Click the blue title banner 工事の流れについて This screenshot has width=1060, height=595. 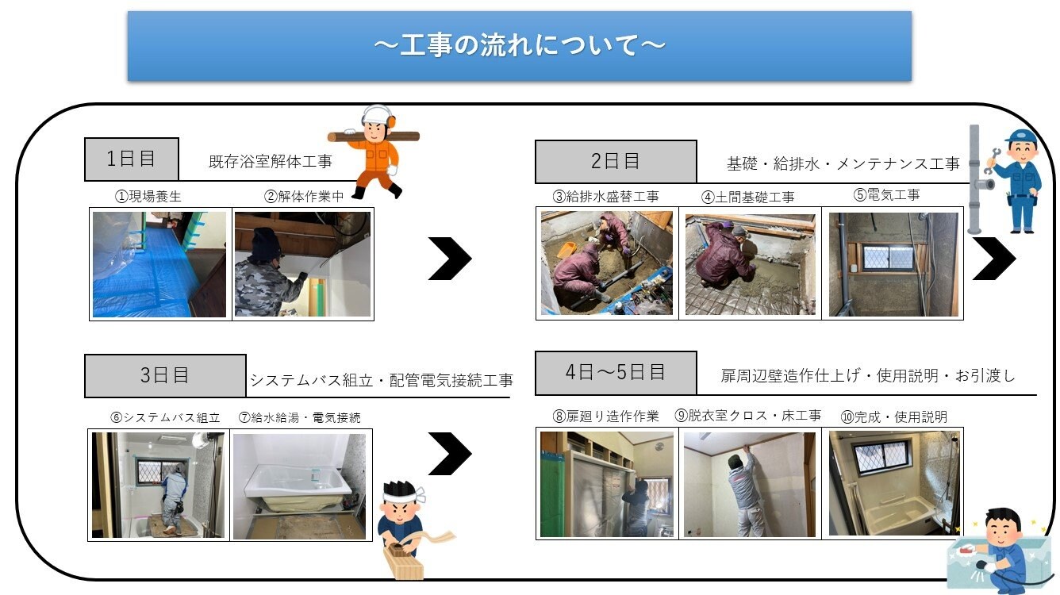(x=519, y=46)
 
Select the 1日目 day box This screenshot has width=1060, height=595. (x=132, y=159)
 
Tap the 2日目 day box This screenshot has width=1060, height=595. (x=615, y=162)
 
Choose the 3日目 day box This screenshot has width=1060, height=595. (x=165, y=375)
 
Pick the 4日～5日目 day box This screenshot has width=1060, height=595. (x=615, y=372)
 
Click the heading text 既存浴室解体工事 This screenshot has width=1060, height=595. (x=270, y=162)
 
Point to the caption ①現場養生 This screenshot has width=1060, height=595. (x=148, y=197)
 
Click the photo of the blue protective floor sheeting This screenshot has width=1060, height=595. (x=159, y=264)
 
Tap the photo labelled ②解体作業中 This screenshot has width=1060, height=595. (x=302, y=264)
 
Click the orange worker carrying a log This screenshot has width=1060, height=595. (x=373, y=151)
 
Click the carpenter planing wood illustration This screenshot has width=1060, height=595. (x=405, y=528)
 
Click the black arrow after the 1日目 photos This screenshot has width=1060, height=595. (x=450, y=258)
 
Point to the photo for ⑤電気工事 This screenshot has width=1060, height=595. (x=893, y=264)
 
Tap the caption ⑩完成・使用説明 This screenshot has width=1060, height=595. (x=893, y=416)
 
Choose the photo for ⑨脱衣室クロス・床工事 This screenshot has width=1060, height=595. (x=749, y=484)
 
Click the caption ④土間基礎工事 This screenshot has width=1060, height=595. (x=747, y=197)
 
